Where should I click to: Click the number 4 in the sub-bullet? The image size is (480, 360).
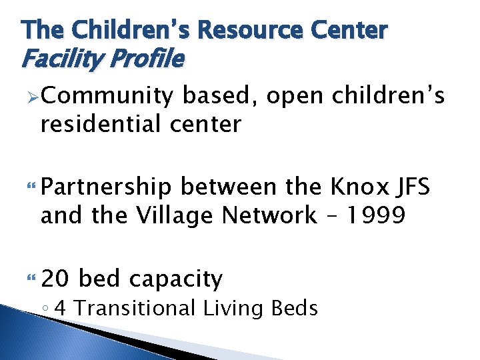point(62,309)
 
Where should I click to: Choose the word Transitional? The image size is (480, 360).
point(137,309)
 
